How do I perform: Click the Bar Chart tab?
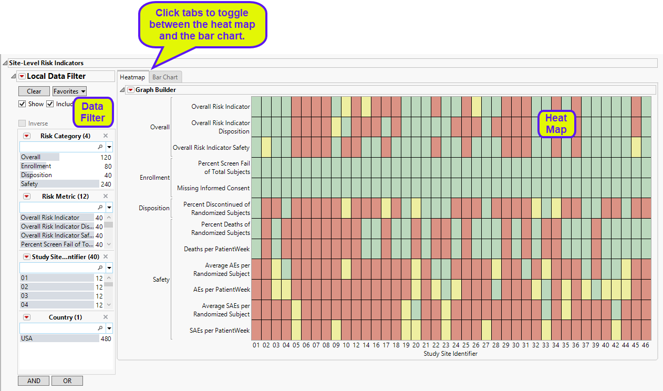pos(165,77)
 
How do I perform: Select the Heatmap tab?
pos(132,77)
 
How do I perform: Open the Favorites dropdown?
pos(69,91)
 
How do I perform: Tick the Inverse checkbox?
pos(22,124)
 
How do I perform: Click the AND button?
pos(34,381)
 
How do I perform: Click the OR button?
pos(67,381)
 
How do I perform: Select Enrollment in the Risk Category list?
pos(36,166)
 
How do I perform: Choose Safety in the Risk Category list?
pos(29,184)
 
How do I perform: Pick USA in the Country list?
pos(27,338)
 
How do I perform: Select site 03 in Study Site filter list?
pos(25,296)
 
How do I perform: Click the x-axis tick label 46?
pos(646,345)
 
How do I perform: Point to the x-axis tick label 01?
pos(256,345)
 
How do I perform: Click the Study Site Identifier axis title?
pos(450,354)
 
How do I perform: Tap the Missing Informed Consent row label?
pos(213,188)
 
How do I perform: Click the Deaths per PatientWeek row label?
pos(217,249)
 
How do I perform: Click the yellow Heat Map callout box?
pos(556,124)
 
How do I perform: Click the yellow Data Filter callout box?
pos(93,112)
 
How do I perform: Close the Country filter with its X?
pos(105,317)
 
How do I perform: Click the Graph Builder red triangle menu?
pos(131,90)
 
